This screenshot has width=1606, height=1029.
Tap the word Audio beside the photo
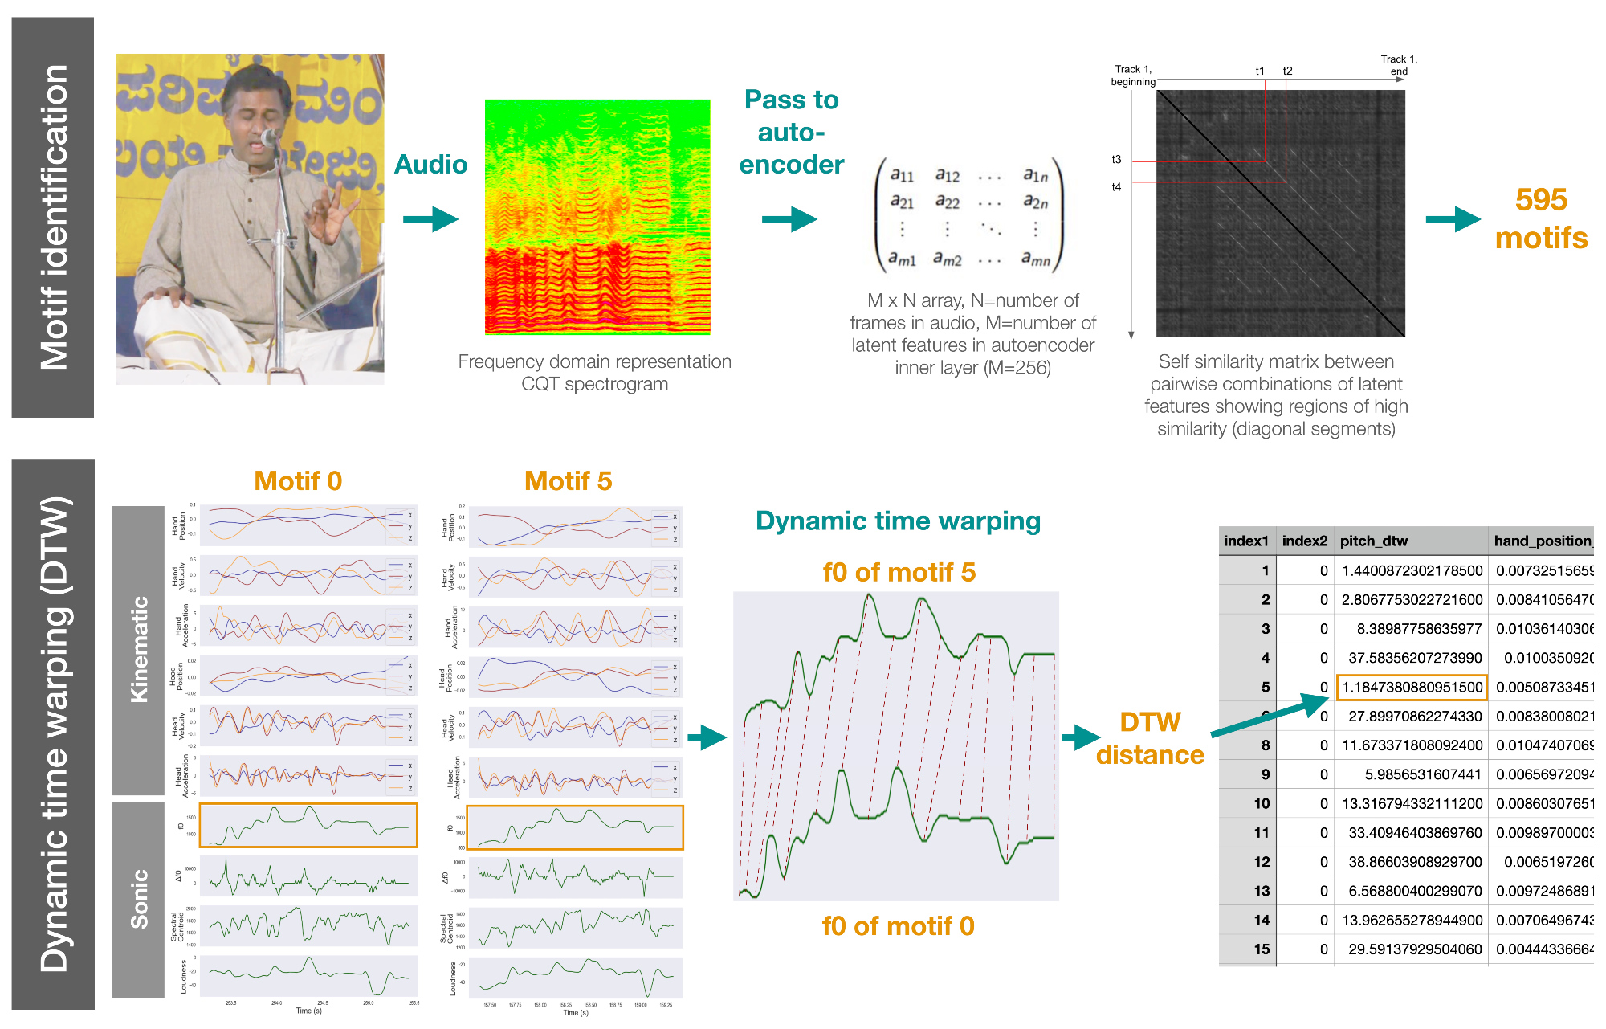pyautogui.click(x=430, y=165)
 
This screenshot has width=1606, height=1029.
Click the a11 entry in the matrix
pyautogui.click(x=902, y=174)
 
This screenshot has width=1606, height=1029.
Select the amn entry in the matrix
pyautogui.click(x=1035, y=259)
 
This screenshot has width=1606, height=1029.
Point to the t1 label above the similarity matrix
pyautogui.click(x=1260, y=71)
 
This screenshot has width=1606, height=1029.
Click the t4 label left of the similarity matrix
pyautogui.click(x=1116, y=187)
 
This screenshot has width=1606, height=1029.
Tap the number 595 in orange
pyautogui.click(x=1541, y=199)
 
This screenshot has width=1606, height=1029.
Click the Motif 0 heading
pyautogui.click(x=298, y=480)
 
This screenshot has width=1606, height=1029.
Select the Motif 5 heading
pyautogui.click(x=568, y=480)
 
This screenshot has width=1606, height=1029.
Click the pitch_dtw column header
pyautogui.click(x=1374, y=541)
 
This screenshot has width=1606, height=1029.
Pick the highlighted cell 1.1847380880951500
pyautogui.click(x=1412, y=687)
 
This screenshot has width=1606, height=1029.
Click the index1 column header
pyautogui.click(x=1246, y=541)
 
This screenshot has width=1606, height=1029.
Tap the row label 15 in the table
pyautogui.click(x=1262, y=949)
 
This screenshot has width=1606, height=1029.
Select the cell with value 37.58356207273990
pyautogui.click(x=1415, y=658)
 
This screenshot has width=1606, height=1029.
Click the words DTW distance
pyautogui.click(x=1150, y=738)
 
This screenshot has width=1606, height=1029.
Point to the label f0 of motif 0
pyautogui.click(x=898, y=926)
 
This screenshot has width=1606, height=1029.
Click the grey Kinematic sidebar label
pyautogui.click(x=139, y=649)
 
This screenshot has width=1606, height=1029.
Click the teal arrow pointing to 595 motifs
pyautogui.click(x=1453, y=218)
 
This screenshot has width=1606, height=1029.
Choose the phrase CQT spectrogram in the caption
pyautogui.click(x=594, y=384)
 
